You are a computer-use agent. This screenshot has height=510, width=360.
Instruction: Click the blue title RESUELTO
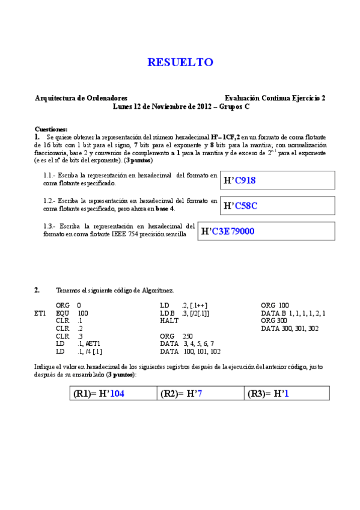180,63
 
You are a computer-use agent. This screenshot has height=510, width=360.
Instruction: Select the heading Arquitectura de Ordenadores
81,97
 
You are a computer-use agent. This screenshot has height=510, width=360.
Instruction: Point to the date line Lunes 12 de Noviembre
181,106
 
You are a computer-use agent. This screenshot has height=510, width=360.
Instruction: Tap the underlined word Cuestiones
51,129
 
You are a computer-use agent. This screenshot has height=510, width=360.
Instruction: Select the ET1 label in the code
40,313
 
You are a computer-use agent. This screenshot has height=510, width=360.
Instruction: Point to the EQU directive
62,313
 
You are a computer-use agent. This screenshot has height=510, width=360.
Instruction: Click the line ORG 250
177,336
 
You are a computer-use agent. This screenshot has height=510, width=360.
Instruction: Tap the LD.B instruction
167,313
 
